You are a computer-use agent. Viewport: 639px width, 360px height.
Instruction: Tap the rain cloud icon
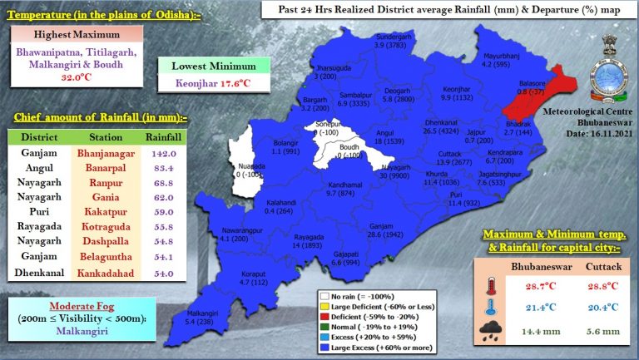489,333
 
